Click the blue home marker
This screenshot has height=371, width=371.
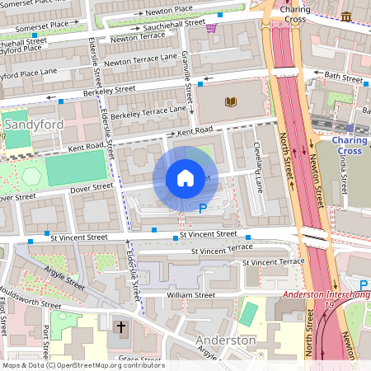pos(185,178)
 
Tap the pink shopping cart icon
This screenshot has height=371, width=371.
pos(211,28)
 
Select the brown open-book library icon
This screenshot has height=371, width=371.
pos(230,101)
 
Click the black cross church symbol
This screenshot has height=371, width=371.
pos(121,328)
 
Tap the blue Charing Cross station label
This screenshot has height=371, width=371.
pos(349,145)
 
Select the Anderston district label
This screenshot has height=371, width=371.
pos(226,340)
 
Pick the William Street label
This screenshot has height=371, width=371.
pos(190,294)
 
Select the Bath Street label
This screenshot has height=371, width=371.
pos(344,76)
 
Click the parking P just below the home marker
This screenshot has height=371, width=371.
pos(203,209)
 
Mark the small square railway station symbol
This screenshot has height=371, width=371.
pos(350,128)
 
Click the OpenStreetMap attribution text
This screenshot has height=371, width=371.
pos(82,365)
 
